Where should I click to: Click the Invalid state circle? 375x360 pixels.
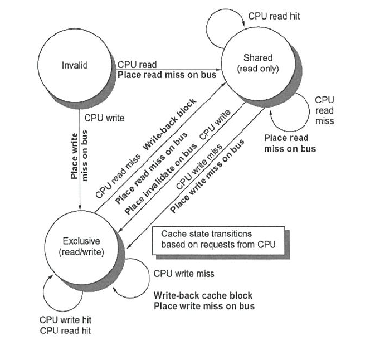pyautogui.click(x=74, y=65)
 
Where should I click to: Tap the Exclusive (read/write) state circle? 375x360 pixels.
pyautogui.click(x=81, y=246)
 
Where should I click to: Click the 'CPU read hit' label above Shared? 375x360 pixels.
pyautogui.click(x=274, y=16)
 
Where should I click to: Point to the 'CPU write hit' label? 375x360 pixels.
pyautogui.click(x=65, y=320)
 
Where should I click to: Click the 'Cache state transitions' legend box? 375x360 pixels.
pyautogui.click(x=218, y=239)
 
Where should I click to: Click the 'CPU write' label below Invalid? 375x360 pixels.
pyautogui.click(x=104, y=118)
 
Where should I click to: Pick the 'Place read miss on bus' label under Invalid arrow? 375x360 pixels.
pyautogui.click(x=166, y=75)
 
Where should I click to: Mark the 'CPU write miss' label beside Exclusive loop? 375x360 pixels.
pyautogui.click(x=183, y=274)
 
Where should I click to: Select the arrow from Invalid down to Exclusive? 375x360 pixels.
pyautogui.click(x=81, y=167)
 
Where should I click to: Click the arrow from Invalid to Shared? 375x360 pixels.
pyautogui.click(x=167, y=70)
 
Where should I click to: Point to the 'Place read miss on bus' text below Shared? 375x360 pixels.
pyautogui.click(x=290, y=143)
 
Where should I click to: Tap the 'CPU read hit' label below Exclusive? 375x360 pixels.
pyautogui.click(x=65, y=330)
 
